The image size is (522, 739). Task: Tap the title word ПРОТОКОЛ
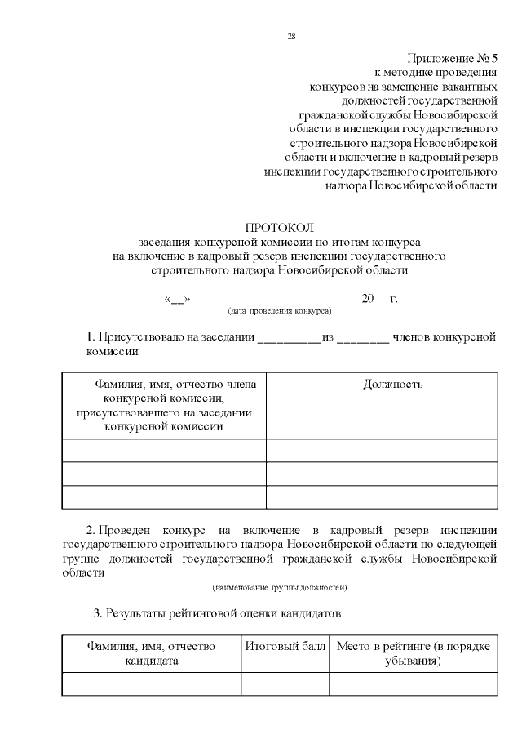(279, 227)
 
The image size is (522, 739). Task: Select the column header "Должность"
(392, 385)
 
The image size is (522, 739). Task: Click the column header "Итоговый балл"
(285, 646)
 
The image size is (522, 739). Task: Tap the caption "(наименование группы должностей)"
(280, 587)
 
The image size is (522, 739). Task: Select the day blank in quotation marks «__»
(177, 299)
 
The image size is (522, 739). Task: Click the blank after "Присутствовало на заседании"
(289, 338)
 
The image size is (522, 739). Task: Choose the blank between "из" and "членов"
(363, 338)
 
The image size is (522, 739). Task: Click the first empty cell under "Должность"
(382, 451)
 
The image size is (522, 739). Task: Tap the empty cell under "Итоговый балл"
(285, 683)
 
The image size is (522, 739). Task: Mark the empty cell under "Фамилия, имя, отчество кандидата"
(152, 683)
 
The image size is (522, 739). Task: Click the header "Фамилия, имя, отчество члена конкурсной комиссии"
(164, 405)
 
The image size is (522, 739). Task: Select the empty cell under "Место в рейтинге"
(414, 683)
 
